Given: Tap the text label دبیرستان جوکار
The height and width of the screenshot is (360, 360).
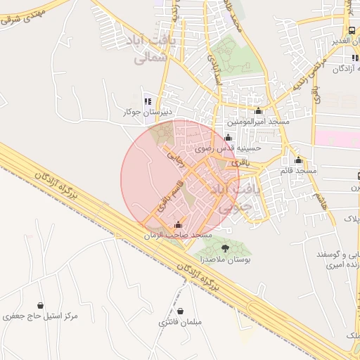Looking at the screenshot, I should click(148, 112).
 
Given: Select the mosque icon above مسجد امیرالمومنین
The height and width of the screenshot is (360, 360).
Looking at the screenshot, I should click(259, 110).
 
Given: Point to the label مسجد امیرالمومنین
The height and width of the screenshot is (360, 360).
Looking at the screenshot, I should click(258, 121).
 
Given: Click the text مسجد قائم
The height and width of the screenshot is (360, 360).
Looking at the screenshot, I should click(297, 170).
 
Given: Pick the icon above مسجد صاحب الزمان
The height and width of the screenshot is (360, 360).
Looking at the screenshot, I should click(176, 225).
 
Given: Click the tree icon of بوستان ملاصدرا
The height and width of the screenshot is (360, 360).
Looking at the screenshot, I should click(225, 247).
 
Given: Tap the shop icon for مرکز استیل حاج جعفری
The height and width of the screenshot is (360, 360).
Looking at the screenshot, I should click(40, 305).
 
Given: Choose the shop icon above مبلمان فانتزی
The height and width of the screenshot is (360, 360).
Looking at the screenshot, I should click(181, 311).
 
